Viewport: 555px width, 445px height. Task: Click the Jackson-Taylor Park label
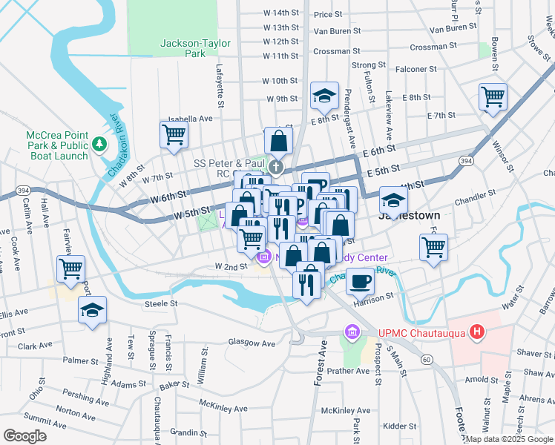click(x=183, y=48)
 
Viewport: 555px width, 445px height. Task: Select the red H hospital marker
click(x=479, y=333)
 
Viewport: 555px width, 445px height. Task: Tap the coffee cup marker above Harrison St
click(x=361, y=282)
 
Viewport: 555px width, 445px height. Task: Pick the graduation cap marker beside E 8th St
click(x=324, y=96)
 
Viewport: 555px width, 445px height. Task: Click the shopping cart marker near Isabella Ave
click(x=174, y=135)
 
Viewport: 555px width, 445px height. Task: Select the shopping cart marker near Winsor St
click(x=493, y=96)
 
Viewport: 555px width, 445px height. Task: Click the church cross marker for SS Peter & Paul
click(x=276, y=166)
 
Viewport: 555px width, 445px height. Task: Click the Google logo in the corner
click(x=25, y=436)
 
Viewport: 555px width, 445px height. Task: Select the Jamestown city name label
click(x=410, y=215)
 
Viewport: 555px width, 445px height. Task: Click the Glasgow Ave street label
click(x=252, y=343)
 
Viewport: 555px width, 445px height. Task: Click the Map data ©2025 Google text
click(x=508, y=439)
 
